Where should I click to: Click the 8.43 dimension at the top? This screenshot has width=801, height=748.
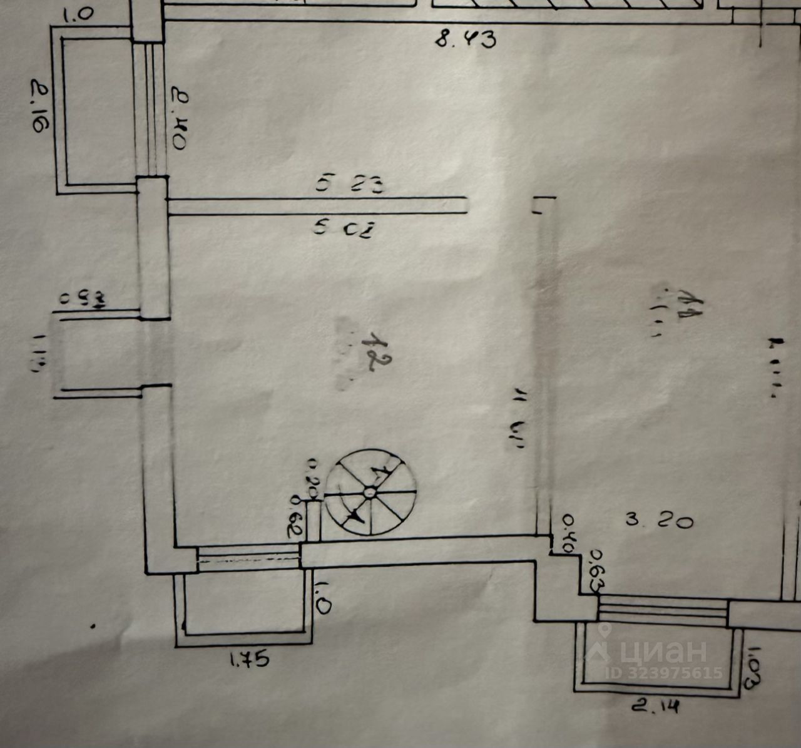(466, 40)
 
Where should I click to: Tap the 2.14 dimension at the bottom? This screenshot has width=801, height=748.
(654, 707)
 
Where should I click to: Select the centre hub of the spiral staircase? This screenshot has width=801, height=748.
(370, 493)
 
